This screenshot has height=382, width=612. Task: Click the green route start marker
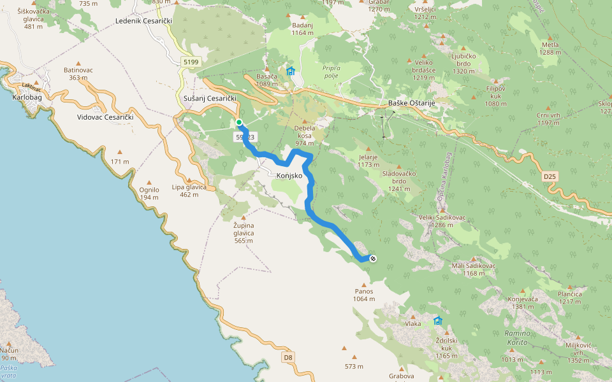238,122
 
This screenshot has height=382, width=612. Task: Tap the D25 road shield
550,175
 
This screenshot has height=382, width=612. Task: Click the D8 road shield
288,357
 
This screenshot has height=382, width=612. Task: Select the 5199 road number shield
190,62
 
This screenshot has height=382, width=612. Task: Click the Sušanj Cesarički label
210,99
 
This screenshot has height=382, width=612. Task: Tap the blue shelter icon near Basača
291,71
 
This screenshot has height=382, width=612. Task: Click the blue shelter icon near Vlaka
437,320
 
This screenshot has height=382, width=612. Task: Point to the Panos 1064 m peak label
363,295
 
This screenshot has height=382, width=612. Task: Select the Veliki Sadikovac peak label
442,217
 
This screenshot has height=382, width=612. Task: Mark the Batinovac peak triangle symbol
78,64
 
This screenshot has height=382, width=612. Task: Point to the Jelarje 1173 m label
368,160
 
